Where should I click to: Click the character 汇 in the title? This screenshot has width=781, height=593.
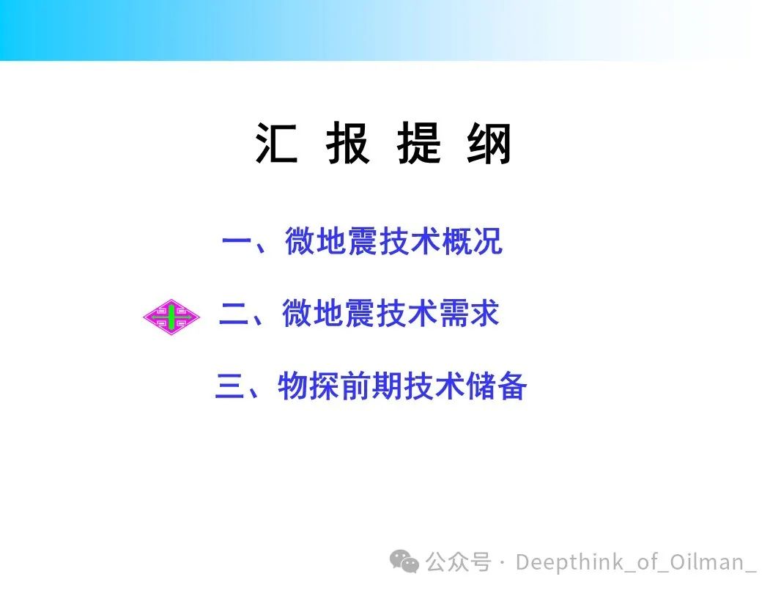click(277, 143)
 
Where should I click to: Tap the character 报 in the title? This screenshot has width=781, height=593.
click(348, 143)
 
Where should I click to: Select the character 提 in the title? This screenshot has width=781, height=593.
click(419, 143)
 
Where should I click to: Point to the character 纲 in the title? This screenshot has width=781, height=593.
click(489, 143)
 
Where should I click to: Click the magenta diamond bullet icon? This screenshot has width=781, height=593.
click(171, 317)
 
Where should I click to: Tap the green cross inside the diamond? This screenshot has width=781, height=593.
click(171, 317)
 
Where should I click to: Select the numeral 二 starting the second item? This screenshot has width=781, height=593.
click(234, 314)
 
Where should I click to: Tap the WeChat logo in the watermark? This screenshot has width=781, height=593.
click(404, 561)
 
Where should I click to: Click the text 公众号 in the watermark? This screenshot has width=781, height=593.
click(458, 562)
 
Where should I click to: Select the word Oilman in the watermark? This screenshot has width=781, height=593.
click(707, 561)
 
